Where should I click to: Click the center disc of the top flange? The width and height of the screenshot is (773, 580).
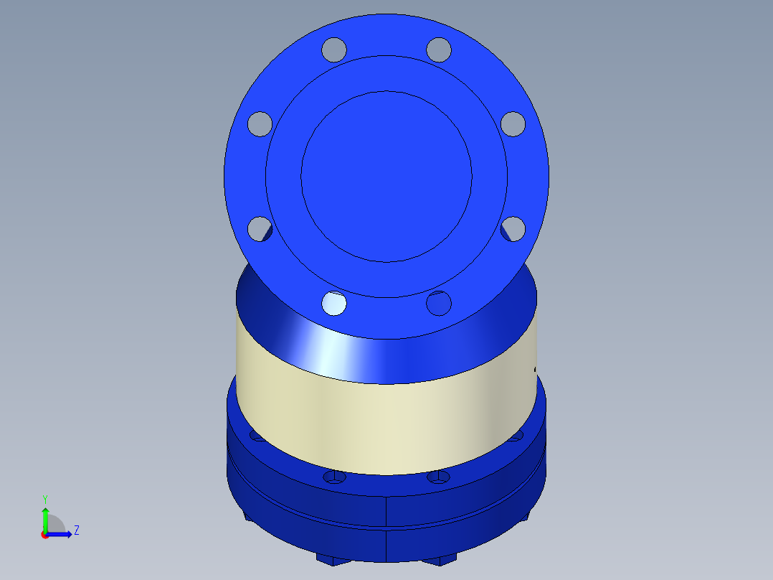tap(386, 176)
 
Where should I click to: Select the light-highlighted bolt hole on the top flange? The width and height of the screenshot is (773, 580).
tap(333, 303)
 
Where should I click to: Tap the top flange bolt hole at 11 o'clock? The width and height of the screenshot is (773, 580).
tap(333, 50)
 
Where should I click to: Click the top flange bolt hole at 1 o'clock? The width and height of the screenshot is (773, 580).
tap(439, 50)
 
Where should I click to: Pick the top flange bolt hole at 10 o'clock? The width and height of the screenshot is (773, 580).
tap(260, 123)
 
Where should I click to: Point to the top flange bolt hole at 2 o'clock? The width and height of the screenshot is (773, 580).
tap(513, 123)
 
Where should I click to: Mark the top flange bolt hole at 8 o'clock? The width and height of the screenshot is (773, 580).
tap(260, 229)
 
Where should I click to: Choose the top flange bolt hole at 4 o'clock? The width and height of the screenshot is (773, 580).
tap(513, 229)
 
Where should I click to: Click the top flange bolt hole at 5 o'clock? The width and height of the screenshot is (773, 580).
tap(439, 303)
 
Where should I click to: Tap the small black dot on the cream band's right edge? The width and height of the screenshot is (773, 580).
tap(536, 370)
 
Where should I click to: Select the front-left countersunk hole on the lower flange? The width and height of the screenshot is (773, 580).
tap(334, 477)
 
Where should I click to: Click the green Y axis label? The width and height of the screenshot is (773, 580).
tap(44, 498)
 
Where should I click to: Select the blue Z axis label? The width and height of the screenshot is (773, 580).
tap(76, 530)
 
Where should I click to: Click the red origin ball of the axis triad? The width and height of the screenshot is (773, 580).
tap(44, 534)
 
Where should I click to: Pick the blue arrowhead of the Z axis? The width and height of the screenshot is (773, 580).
tap(68, 534)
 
